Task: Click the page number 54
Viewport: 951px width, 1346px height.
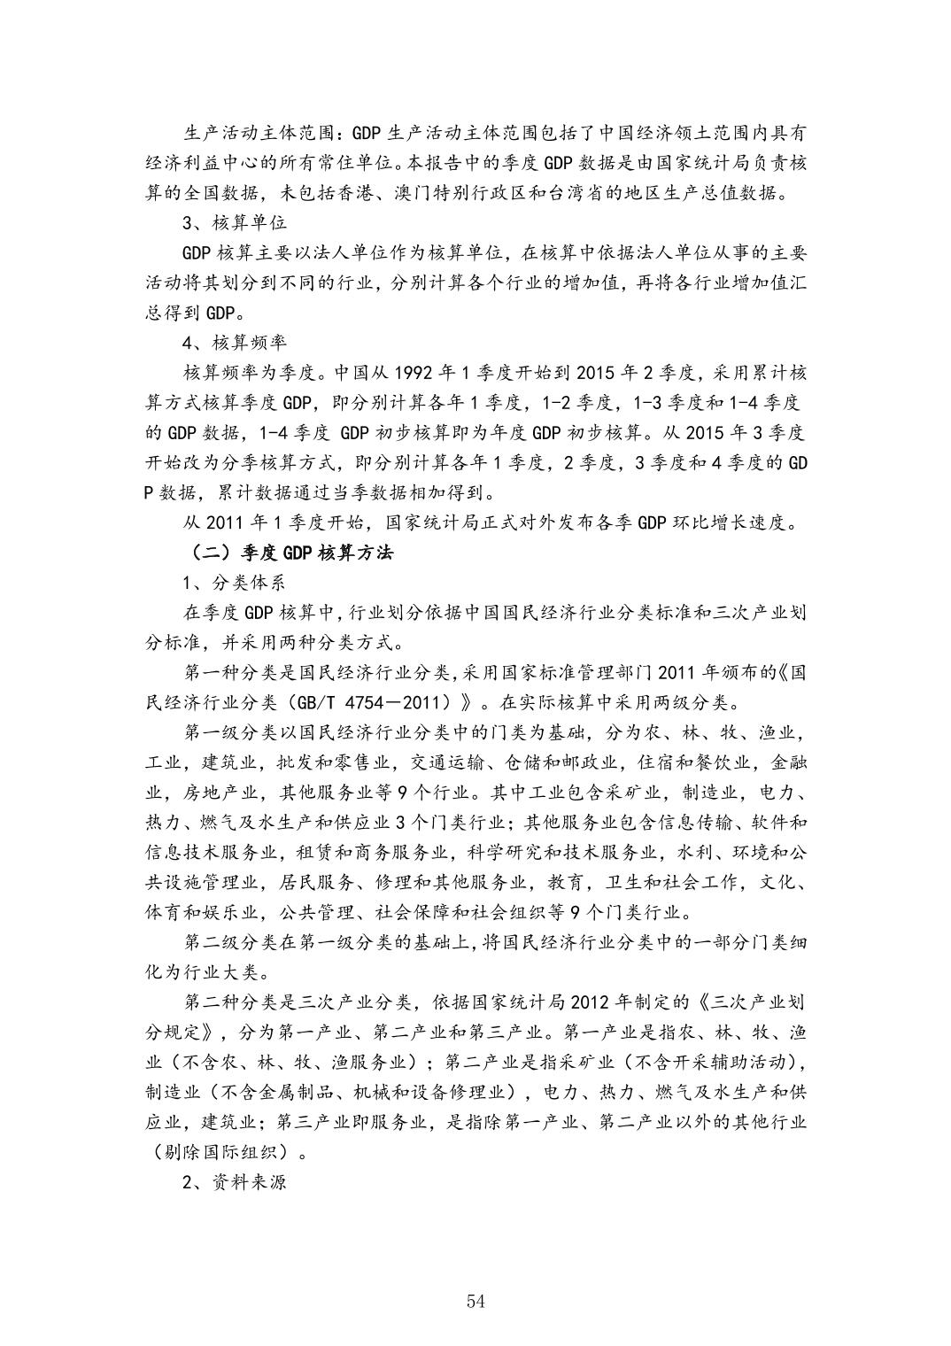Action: tap(475, 1300)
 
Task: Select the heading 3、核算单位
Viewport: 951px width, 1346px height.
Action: tap(234, 222)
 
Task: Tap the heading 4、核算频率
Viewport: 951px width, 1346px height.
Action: tap(234, 342)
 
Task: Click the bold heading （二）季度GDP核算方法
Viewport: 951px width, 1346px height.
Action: tap(291, 553)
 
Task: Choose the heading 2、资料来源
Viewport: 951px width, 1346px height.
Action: tap(234, 1182)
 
